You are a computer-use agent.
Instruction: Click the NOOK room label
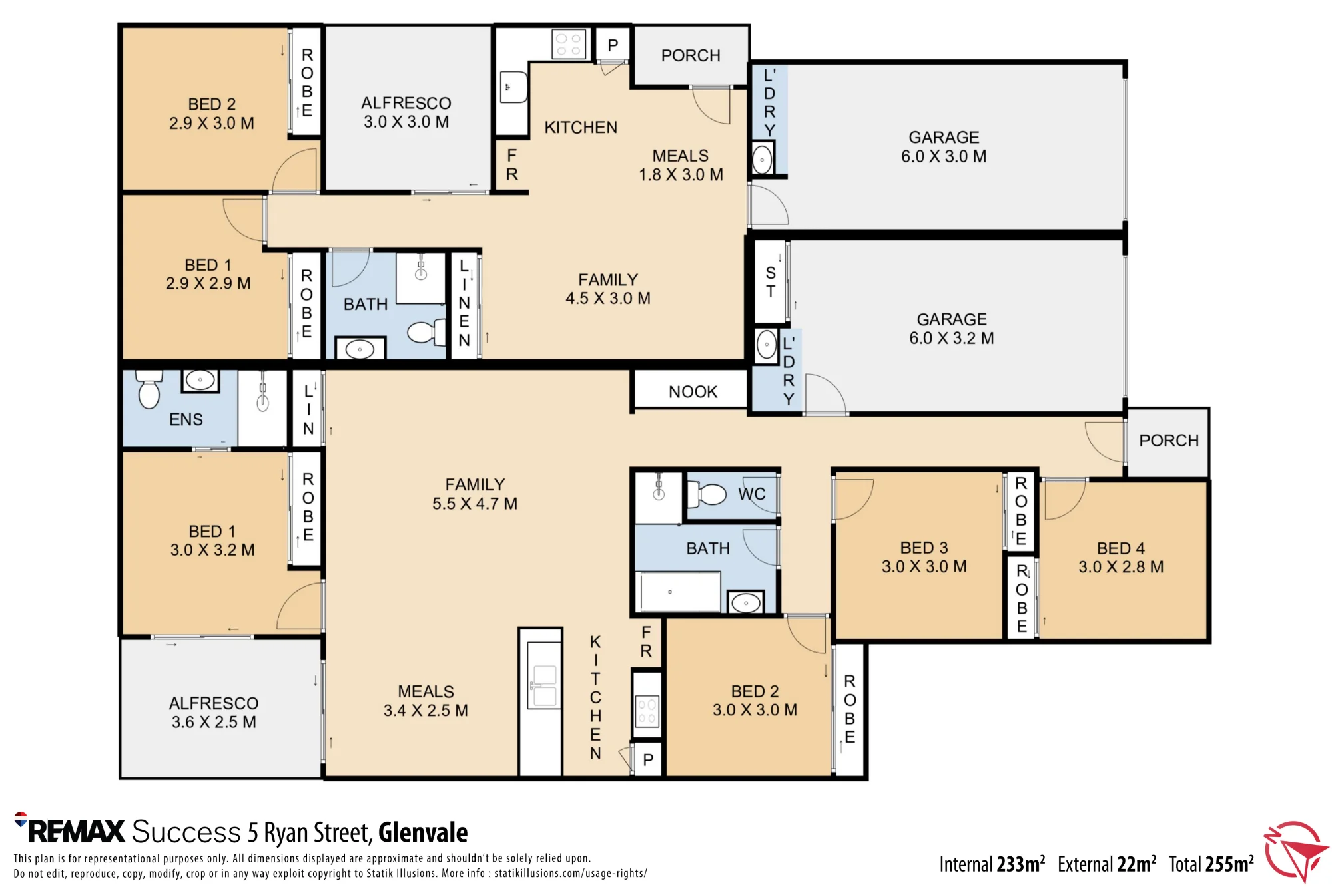(x=693, y=392)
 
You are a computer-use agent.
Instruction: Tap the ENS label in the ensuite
(x=186, y=419)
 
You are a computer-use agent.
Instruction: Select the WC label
(x=752, y=494)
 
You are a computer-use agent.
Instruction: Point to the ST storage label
(x=771, y=282)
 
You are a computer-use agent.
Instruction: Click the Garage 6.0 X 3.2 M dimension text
(x=952, y=338)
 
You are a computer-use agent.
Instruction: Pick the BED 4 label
(x=1121, y=548)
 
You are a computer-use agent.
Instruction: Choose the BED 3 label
(x=924, y=548)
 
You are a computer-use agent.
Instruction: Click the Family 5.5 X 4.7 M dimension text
(x=475, y=504)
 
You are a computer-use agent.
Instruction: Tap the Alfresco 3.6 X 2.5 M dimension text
(x=214, y=722)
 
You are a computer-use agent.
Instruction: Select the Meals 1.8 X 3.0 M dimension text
(x=681, y=174)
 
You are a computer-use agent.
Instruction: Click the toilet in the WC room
(x=707, y=494)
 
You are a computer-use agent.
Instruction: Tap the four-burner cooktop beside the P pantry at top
(x=569, y=45)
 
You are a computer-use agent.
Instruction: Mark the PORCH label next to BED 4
(x=1168, y=441)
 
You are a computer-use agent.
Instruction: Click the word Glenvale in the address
(x=423, y=832)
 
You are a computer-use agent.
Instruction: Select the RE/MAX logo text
(x=70, y=830)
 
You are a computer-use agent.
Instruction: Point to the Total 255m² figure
(x=1211, y=864)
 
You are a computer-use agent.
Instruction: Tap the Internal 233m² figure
(x=992, y=864)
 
